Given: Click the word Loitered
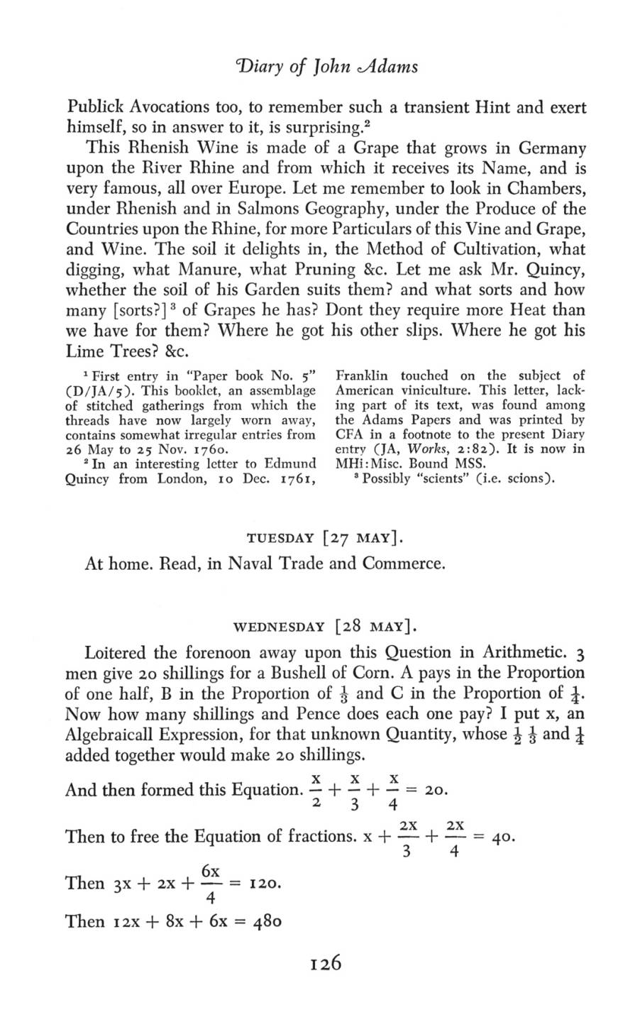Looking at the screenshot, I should tap(119, 653).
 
